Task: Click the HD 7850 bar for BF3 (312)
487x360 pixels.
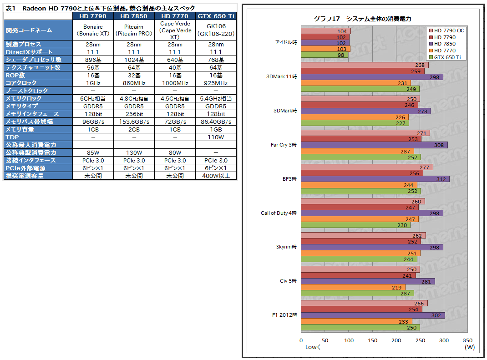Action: pos(375,179)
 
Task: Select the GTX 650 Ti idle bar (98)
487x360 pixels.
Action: pos(325,55)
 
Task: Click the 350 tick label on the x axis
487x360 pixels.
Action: pos(467,340)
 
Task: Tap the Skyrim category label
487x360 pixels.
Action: pos(286,247)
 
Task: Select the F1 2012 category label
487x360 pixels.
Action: pos(285,315)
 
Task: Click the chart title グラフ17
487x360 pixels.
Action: pos(363,19)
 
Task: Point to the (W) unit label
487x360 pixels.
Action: pos(470,347)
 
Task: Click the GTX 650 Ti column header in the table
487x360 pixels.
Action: pos(216,16)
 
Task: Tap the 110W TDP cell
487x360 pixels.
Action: pos(216,137)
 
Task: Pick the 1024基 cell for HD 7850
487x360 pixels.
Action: pos(134,60)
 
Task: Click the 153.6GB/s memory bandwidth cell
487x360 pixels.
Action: pos(134,122)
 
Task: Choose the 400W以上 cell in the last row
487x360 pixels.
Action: pos(216,176)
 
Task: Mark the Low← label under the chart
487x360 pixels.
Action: pos(314,347)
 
